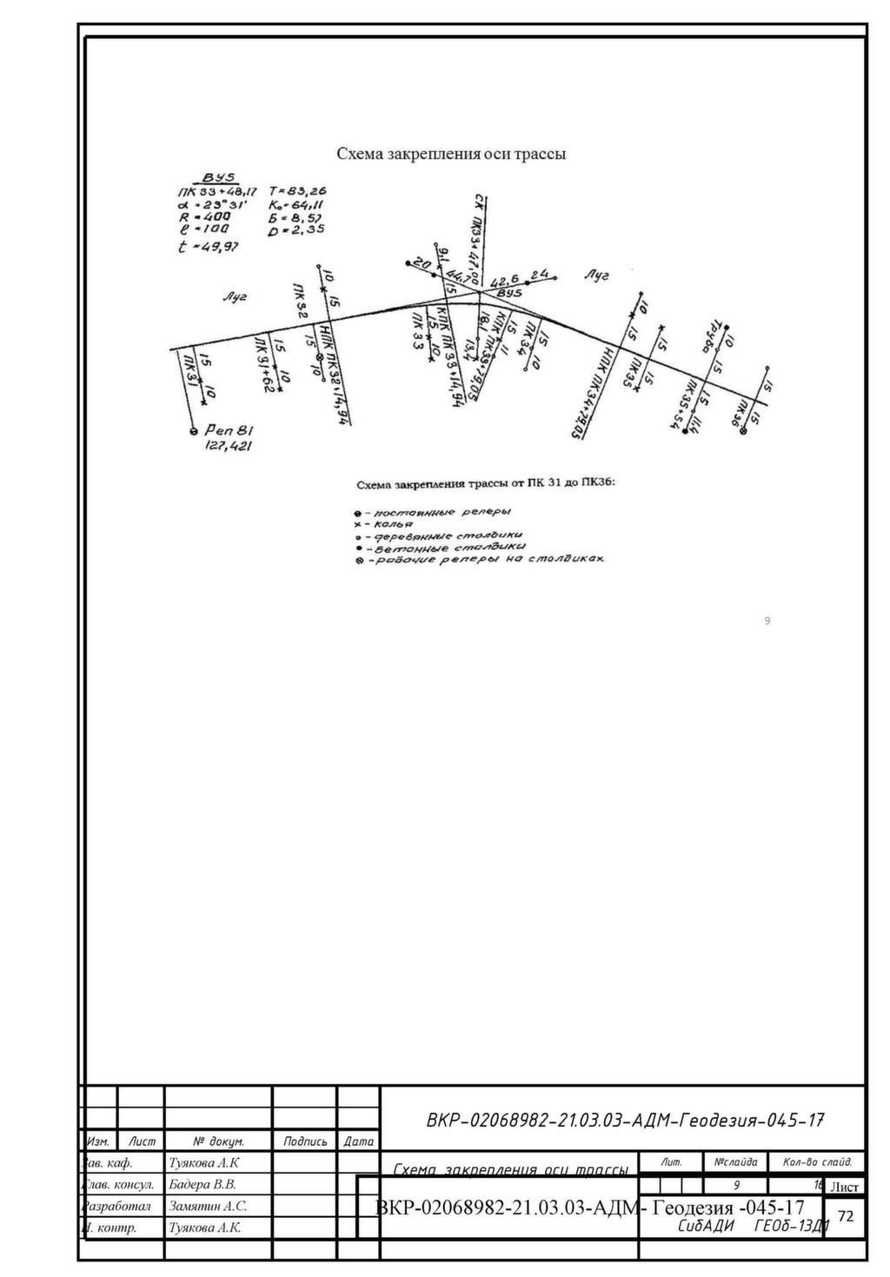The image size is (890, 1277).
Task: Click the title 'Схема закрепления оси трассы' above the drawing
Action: pos(451,154)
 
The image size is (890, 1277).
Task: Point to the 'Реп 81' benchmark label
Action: pos(229,429)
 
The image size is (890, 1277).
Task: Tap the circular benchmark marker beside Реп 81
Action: pos(194,430)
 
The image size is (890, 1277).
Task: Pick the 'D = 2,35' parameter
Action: pos(296,229)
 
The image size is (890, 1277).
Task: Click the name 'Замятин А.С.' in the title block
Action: pos(208,1206)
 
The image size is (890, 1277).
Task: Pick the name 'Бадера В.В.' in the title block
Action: pos(203,1184)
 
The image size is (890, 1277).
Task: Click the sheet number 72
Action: pos(846,1215)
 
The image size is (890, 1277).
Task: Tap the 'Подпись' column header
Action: pos(305,1141)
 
